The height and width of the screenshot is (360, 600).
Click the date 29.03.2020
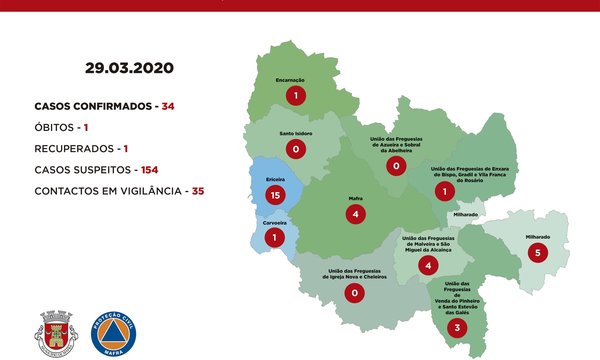click(129, 68)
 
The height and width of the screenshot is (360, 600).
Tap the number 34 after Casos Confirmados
click(168, 106)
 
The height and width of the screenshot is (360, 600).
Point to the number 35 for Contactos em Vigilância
click(197, 190)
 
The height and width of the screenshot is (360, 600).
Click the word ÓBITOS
click(54, 127)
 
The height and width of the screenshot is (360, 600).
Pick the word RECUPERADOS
click(78, 148)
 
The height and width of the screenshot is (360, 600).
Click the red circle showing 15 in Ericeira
click(271, 192)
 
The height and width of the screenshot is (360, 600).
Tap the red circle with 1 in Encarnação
click(295, 96)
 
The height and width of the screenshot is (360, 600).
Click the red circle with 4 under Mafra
click(357, 214)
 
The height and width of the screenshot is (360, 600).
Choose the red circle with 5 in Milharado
click(538, 253)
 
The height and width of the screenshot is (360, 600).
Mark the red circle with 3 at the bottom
click(457, 327)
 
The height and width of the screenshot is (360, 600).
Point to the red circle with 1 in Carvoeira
click(274, 239)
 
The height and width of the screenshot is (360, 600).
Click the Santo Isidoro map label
click(295, 133)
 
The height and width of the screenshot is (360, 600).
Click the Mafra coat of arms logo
click(55, 332)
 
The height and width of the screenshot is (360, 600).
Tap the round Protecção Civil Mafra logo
click(114, 332)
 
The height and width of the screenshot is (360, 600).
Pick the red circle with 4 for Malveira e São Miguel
click(428, 265)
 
